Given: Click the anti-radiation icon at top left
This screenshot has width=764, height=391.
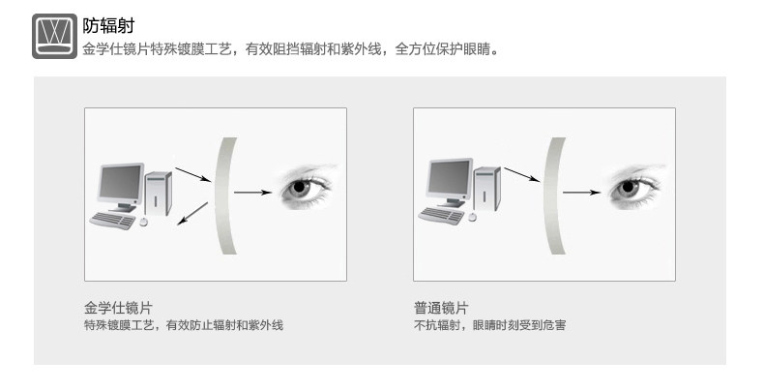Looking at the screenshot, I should coord(54,37).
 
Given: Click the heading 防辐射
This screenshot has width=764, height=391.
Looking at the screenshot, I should coord(107,26).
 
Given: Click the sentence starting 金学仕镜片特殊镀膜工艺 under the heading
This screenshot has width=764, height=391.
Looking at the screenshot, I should coord(291,48).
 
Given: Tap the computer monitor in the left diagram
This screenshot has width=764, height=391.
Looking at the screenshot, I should coord(120,184).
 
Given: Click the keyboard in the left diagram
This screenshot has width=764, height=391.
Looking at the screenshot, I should coord(112,221).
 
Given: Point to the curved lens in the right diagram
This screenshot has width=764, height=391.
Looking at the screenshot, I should coord(554,195).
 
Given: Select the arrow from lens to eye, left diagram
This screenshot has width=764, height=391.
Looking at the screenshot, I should coord(252,193).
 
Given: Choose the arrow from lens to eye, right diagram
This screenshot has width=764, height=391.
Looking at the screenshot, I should coord(581,193).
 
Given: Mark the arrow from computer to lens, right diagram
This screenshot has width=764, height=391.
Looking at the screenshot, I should coord(522,174).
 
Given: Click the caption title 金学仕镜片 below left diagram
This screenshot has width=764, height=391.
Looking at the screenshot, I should coord(118,308).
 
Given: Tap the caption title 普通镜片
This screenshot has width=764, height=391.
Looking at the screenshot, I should coord(441,308).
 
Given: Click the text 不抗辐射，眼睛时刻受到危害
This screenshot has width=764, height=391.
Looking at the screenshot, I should coord(489,325).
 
